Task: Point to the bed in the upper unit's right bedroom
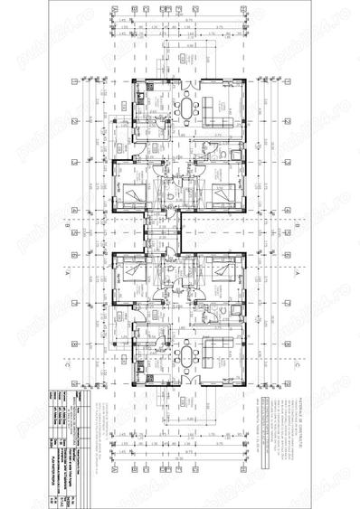click(x=223, y=192)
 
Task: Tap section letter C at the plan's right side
click(x=297, y=364)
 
